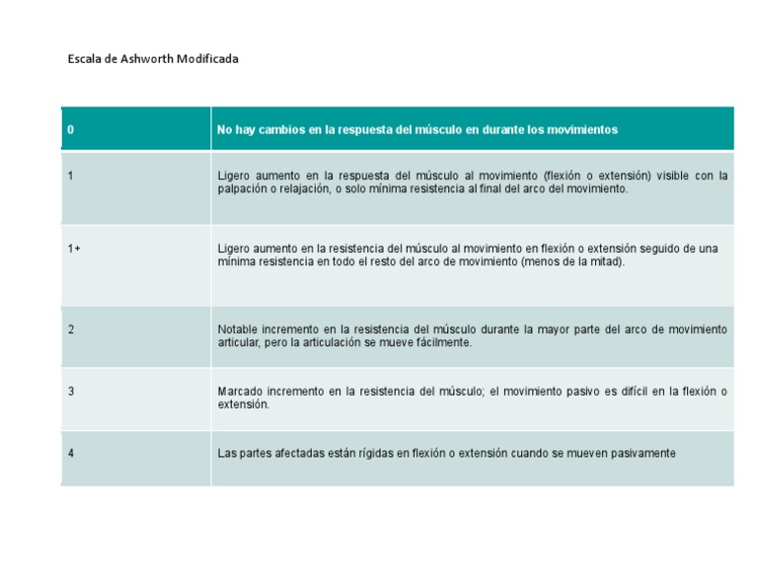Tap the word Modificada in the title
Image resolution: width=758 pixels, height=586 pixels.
[208, 59]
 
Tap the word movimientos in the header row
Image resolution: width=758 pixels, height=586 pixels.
[583, 130]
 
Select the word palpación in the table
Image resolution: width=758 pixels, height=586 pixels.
[240, 188]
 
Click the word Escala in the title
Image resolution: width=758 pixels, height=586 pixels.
[83, 59]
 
